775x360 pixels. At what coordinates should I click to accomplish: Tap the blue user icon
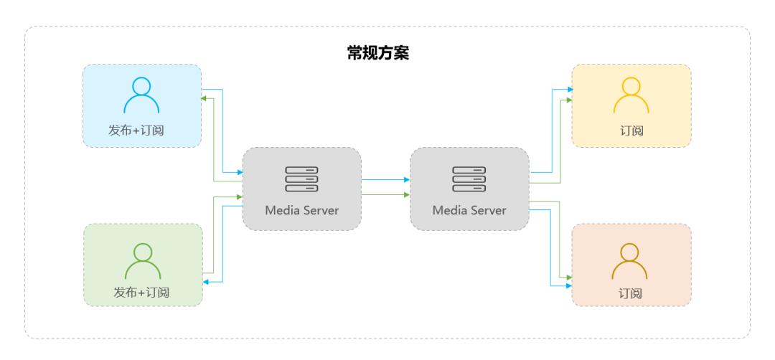tap(141, 96)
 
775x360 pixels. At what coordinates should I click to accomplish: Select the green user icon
tap(143, 261)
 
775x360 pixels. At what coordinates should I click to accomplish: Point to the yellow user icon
tap(631, 96)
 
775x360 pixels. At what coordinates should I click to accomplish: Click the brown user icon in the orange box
tap(630, 261)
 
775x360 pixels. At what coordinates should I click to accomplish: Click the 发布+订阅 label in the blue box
tap(141, 129)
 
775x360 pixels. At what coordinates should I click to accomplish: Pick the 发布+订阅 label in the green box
tap(143, 292)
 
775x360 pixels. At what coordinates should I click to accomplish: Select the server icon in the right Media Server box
tap(469, 179)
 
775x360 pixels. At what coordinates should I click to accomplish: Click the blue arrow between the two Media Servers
tap(385, 180)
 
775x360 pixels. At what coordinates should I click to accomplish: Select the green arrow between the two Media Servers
tap(385, 194)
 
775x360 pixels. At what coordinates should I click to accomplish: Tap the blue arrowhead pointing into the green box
tap(205, 283)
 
